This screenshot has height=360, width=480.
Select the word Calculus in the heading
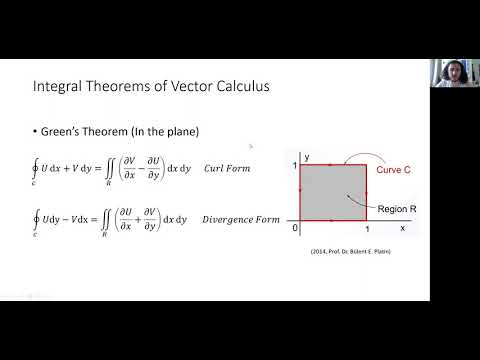pos(238,87)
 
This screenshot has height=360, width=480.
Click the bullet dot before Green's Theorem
pos(35,132)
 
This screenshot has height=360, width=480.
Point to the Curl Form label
pos(225,168)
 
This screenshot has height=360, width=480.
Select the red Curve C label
pos(393,170)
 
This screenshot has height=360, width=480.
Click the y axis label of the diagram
pos(308,157)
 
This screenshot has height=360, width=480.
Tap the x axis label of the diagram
pos(401,228)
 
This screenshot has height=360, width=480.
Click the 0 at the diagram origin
pos(294,228)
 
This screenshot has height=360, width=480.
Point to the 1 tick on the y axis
pos(295,165)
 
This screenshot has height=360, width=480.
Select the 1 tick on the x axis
pos(367,230)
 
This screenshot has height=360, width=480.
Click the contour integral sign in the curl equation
pos(36,169)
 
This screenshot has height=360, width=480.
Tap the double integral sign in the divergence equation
pos(111,217)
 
